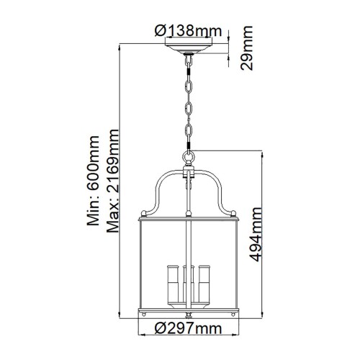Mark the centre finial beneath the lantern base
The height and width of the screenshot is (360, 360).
click(x=189, y=315)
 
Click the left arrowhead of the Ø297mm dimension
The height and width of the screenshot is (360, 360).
click(x=142, y=336)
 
